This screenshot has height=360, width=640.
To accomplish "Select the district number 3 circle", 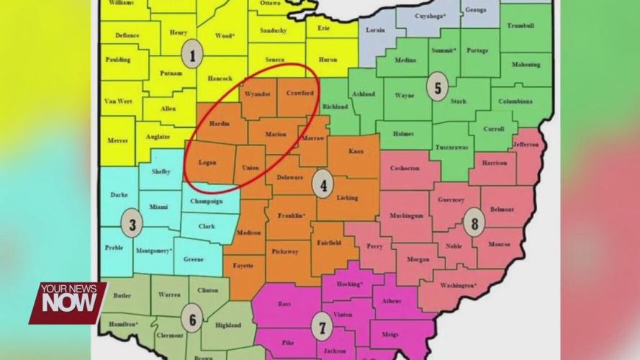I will [132, 223].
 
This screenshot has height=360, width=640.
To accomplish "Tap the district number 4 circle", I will [323, 186].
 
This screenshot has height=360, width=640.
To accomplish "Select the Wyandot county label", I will [257, 94].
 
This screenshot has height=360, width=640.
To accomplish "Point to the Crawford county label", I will [299, 93].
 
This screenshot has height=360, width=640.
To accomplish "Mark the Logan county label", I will [207, 163].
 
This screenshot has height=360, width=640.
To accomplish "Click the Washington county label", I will [458, 285].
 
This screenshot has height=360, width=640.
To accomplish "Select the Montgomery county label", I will [154, 251].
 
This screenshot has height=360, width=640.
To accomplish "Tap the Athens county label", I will [392, 300].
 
